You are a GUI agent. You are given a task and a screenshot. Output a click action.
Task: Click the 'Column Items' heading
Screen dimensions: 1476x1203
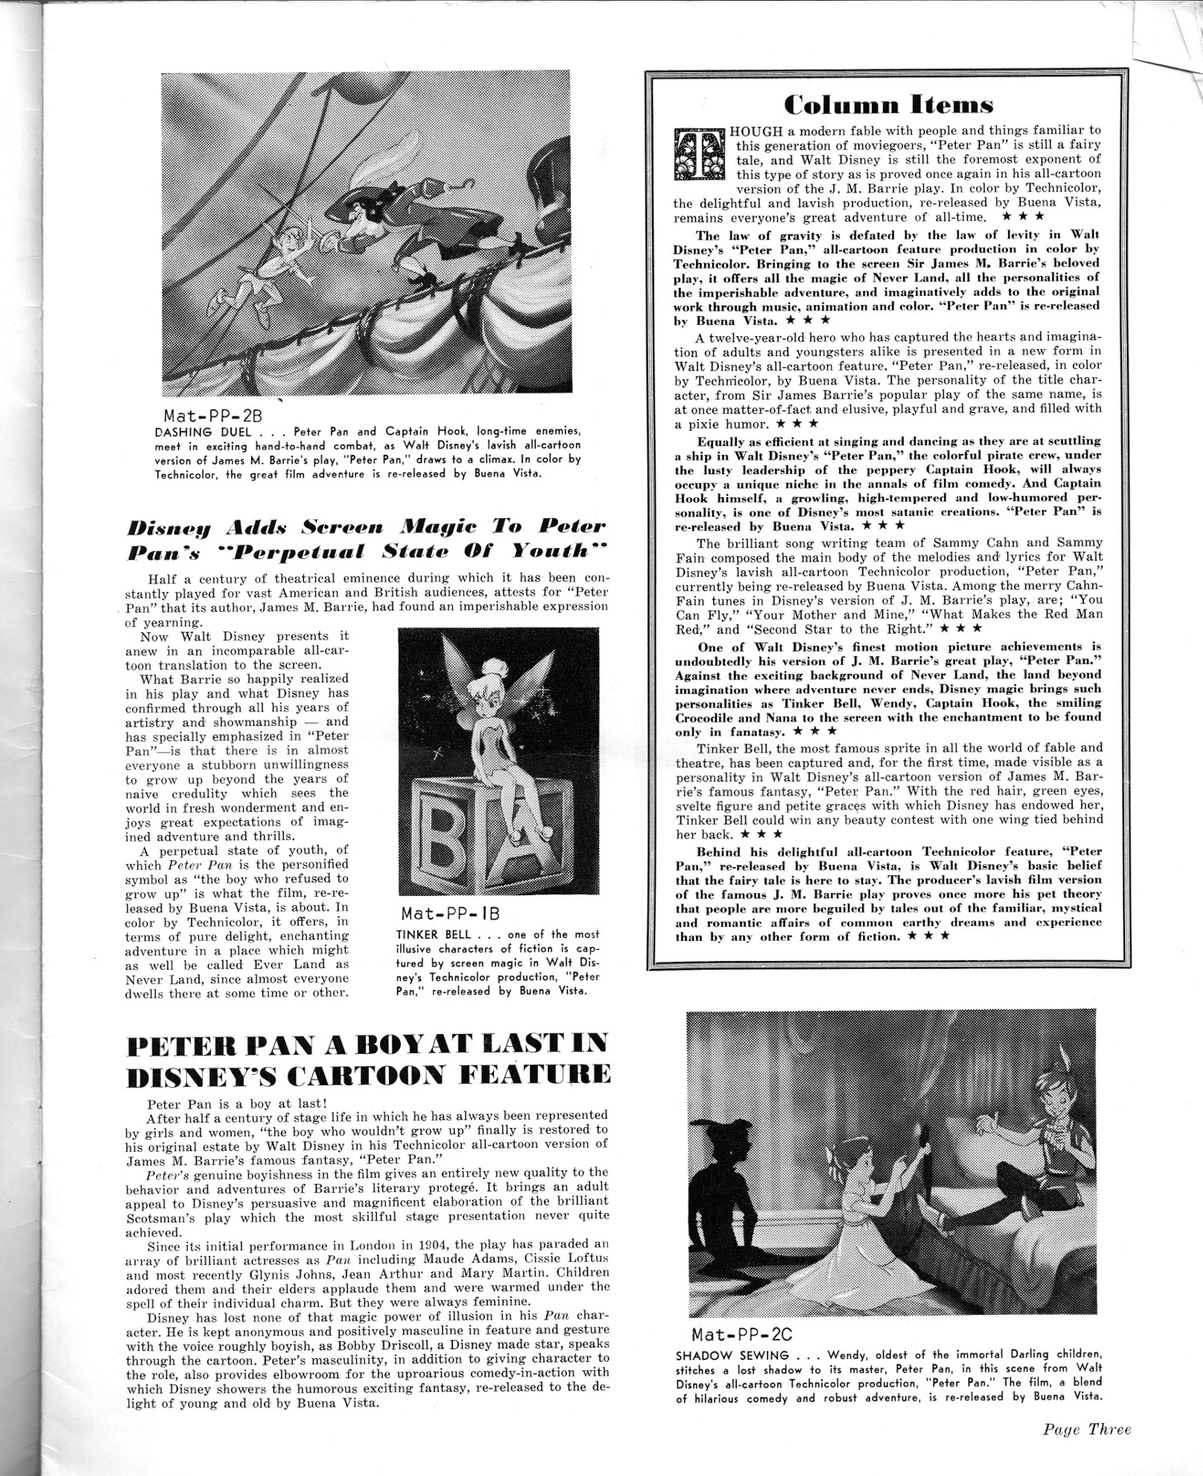[x=889, y=104]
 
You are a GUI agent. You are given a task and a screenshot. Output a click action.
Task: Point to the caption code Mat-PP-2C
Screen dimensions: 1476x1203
[x=742, y=1335]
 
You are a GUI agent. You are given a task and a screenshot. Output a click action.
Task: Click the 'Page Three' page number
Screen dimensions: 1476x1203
[x=1087, y=1429]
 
